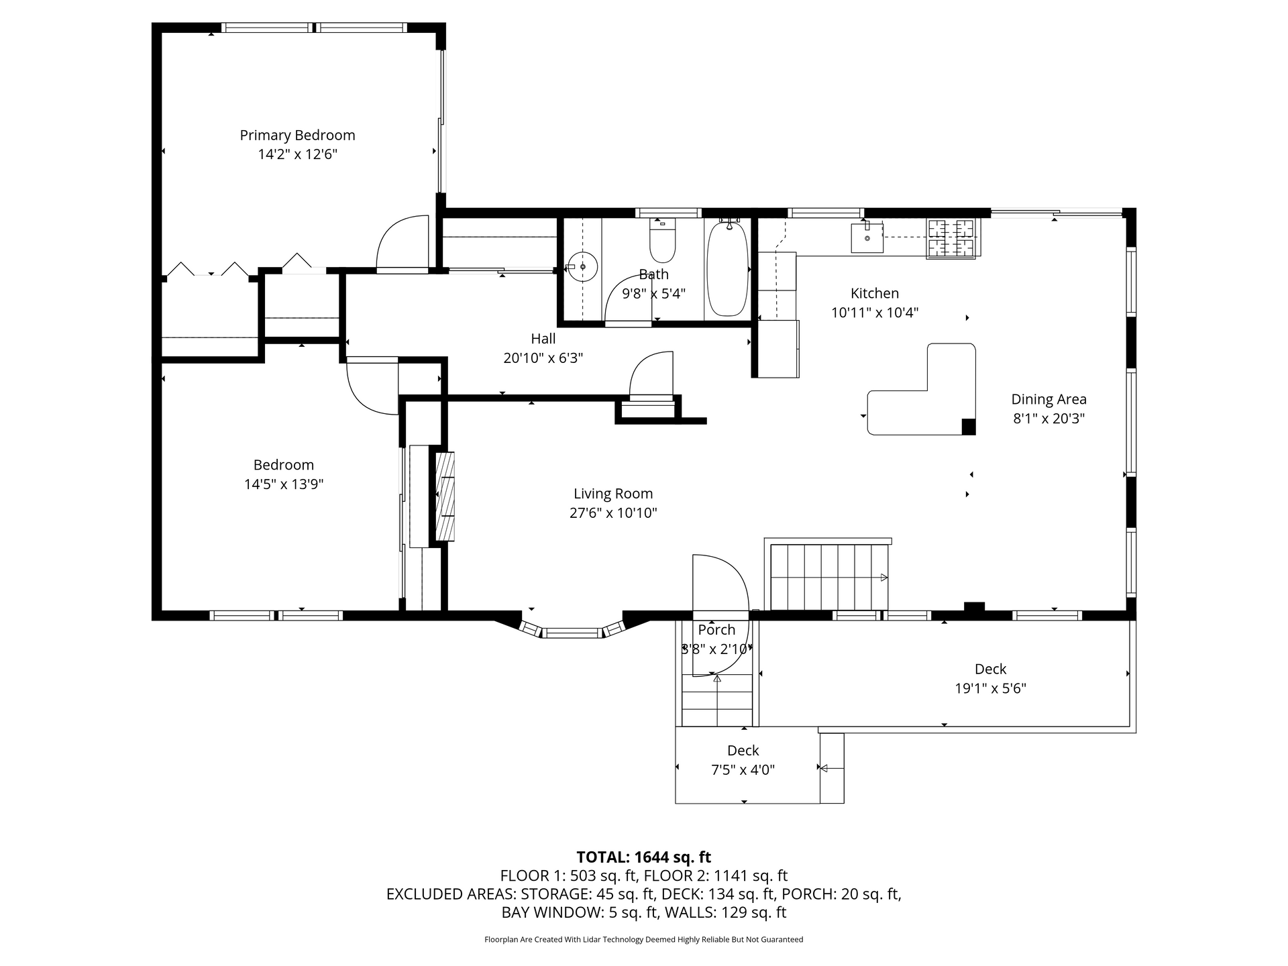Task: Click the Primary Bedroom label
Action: click(x=297, y=136)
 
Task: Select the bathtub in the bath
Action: click(x=728, y=268)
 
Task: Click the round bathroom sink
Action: click(x=583, y=267)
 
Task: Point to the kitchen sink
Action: click(x=867, y=237)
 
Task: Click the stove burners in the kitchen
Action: click(x=952, y=239)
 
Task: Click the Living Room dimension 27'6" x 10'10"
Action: click(x=612, y=513)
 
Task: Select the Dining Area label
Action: click(x=1049, y=399)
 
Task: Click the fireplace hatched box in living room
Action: click(x=445, y=496)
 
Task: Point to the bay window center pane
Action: click(x=572, y=632)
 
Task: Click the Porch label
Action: click(x=716, y=630)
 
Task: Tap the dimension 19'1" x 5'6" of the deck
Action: click(x=990, y=688)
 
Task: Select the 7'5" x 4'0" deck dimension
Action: click(x=743, y=770)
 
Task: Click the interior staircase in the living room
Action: click(x=829, y=576)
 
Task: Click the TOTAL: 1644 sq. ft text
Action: click(x=643, y=857)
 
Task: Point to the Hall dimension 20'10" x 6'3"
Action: click(x=543, y=358)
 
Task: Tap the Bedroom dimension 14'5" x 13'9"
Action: click(x=284, y=484)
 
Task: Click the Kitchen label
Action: click(x=874, y=293)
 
